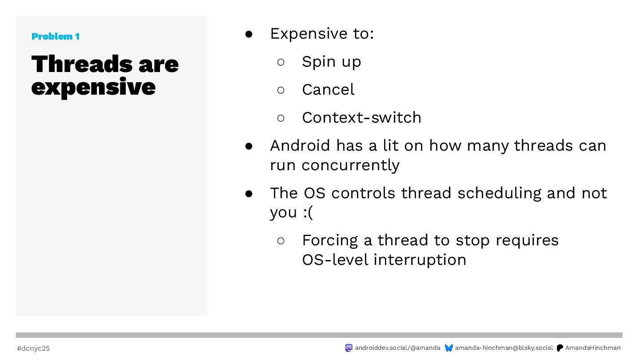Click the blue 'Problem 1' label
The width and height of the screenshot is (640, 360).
[56, 36]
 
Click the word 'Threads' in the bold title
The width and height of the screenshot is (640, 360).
[82, 64]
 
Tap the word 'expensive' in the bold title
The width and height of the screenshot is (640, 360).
[93, 88]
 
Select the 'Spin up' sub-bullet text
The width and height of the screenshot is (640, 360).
[332, 62]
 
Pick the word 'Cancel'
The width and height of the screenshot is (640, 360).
[328, 89]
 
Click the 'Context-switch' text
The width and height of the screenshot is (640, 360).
[362, 117]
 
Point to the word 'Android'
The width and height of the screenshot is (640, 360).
[300, 145]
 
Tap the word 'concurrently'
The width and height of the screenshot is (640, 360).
[351, 165]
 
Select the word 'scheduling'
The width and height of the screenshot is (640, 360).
[500, 193]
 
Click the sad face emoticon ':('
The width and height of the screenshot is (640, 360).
[308, 212]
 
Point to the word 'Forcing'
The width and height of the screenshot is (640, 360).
[330, 240]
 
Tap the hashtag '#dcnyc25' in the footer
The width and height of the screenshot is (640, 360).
[33, 348]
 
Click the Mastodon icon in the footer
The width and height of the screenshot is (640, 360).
[348, 348]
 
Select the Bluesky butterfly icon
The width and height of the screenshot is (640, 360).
[449, 348]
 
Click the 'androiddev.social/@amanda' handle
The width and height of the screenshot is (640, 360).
[397, 348]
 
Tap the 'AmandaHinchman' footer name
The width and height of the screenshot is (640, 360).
[593, 348]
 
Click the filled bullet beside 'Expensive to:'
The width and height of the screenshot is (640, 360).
[249, 34]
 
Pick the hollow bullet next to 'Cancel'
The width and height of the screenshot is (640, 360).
[281, 90]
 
